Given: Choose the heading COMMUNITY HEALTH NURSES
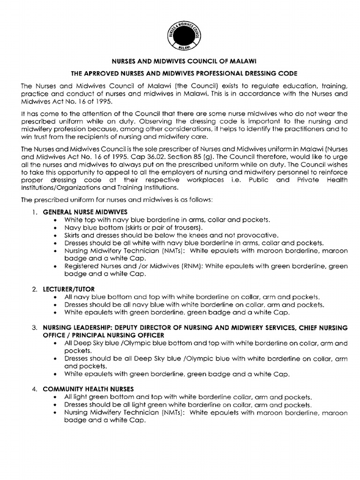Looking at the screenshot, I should [88, 389].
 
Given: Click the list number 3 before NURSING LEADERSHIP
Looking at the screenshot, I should [35, 328].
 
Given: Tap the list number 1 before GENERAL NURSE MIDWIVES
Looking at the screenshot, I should [35, 212].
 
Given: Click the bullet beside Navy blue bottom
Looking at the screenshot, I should [57, 227].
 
